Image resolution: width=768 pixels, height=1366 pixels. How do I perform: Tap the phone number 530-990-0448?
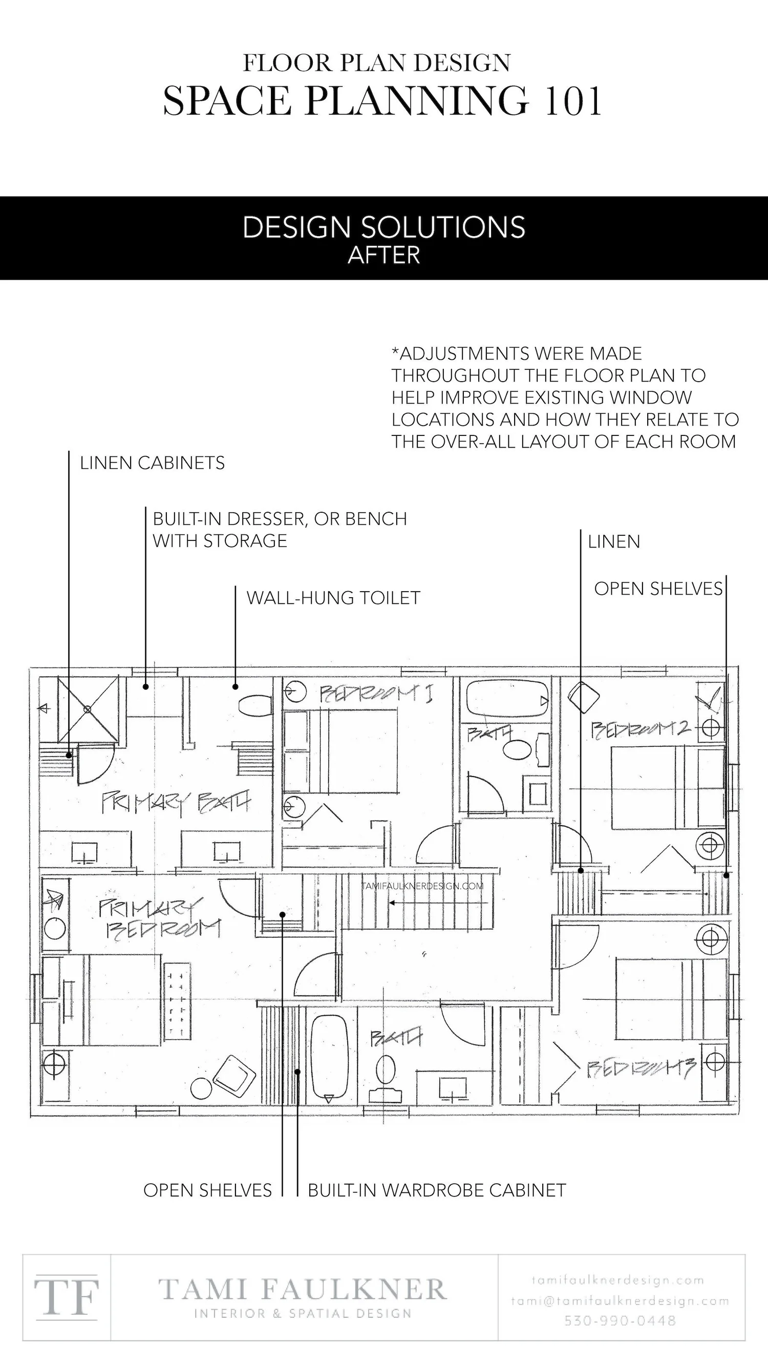click(620, 1320)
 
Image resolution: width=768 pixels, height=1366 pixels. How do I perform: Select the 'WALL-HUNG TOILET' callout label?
click(333, 598)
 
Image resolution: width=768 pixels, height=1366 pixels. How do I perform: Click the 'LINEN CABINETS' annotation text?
click(152, 463)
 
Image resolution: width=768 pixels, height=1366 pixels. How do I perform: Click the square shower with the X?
click(88, 709)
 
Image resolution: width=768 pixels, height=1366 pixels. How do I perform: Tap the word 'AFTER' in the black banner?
click(383, 256)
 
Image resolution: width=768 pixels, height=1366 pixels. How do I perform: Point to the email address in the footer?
click(620, 1301)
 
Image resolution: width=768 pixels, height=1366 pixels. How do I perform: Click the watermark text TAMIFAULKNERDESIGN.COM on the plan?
click(423, 886)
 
